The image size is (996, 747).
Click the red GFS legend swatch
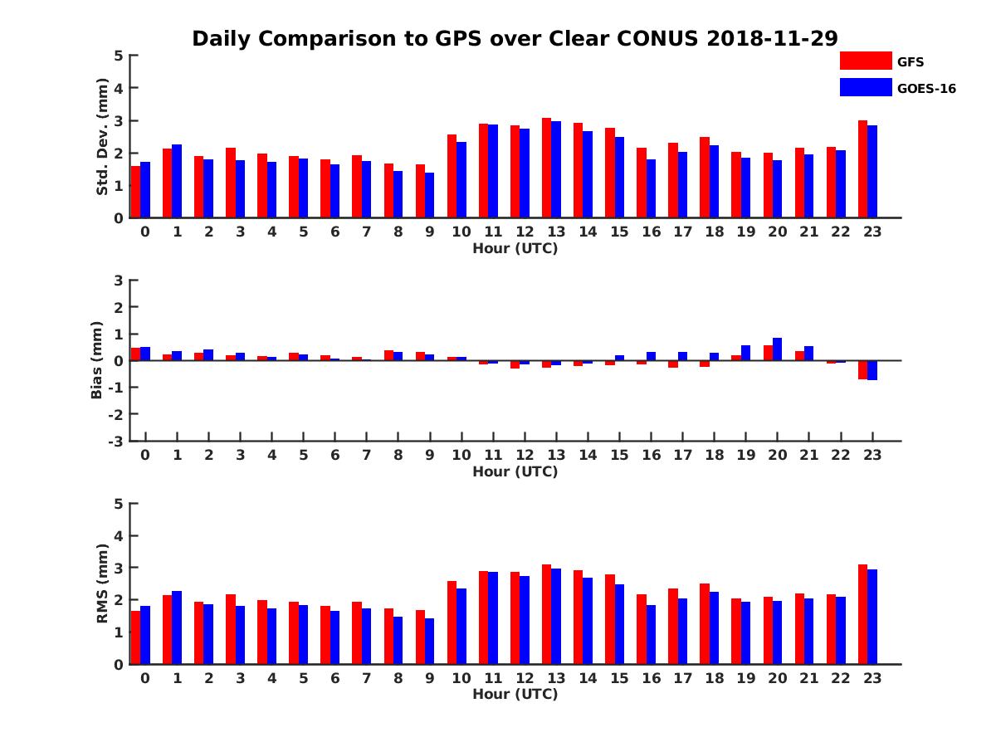click(866, 61)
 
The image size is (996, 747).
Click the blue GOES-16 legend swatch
click(866, 87)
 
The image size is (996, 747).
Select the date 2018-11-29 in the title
click(772, 38)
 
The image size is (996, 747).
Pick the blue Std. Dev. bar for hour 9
click(429, 195)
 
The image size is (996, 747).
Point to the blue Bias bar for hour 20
click(778, 349)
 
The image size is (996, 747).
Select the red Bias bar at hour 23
click(862, 369)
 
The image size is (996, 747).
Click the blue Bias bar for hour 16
click(652, 356)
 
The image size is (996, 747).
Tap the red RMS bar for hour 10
click(452, 622)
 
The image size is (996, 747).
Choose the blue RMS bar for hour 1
click(177, 627)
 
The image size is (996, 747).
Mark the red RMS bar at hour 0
click(135, 637)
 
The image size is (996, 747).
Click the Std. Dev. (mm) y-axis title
click(102, 137)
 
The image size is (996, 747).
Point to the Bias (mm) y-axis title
click(96, 359)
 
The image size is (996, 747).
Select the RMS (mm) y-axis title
click(102, 583)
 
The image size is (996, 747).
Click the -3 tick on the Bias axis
click(117, 441)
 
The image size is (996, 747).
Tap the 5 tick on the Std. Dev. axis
click(120, 56)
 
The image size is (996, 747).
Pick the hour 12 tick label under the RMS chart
click(525, 677)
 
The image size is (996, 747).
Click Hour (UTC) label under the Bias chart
click(515, 471)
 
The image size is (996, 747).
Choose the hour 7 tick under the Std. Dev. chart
click(366, 232)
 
